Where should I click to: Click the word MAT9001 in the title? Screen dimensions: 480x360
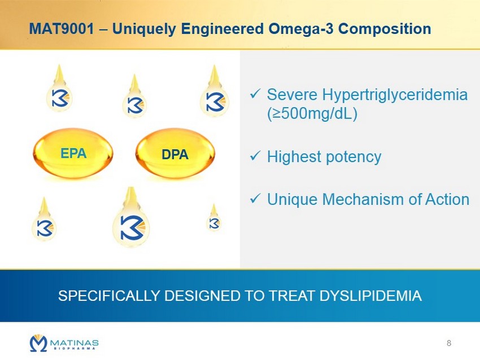61,29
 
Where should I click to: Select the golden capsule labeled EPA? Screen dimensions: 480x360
73,153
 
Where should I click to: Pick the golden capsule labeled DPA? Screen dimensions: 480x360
175,153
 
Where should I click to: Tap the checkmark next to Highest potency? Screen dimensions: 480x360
255,156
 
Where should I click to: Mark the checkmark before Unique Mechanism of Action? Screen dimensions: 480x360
255,199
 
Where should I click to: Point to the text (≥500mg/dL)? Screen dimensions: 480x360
312,114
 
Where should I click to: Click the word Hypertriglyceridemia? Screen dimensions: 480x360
395,95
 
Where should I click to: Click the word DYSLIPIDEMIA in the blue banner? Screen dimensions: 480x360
370,296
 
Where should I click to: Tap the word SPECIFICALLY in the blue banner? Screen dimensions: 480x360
109,296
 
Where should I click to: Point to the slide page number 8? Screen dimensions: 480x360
449,343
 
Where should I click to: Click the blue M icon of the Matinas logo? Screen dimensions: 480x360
38,343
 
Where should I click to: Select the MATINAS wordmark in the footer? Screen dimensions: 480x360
75,343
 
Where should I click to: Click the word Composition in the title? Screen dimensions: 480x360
385,29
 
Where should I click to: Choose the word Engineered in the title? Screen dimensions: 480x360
222,29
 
